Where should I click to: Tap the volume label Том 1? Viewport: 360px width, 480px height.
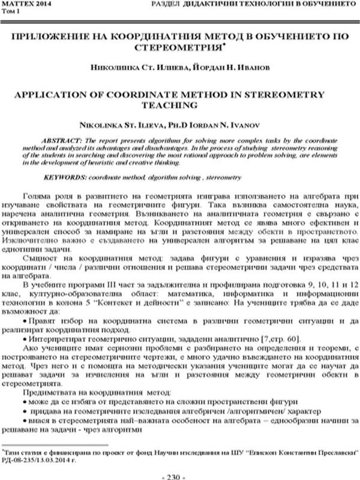tap(11, 11)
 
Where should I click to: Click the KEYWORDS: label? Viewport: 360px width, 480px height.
tap(65, 178)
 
